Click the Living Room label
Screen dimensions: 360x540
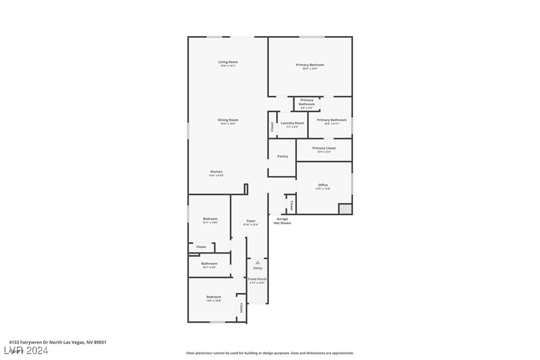pos(228,62)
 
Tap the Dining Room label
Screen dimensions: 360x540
pos(228,120)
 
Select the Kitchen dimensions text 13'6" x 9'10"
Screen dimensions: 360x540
pos(216,176)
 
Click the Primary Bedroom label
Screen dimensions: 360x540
pos(310,65)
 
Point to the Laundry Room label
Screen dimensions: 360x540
pos(292,123)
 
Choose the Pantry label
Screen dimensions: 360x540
pos(282,156)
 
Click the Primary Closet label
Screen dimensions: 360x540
pos(324,148)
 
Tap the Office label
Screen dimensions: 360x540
pos(323,185)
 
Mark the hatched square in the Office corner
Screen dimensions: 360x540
pos(345,209)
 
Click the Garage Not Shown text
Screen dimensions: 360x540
pos(282,221)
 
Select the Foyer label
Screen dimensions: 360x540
pos(251,221)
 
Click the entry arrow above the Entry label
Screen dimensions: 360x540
pos(258,262)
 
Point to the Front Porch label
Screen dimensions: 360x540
pos(258,279)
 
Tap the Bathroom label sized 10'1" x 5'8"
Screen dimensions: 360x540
pos(209,264)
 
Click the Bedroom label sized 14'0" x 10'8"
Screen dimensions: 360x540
pos(214,297)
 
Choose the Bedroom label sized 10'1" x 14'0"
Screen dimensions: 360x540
pos(210,219)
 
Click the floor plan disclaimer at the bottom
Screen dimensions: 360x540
pos(270,353)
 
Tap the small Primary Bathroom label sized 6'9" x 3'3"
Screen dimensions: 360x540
pos(307,102)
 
